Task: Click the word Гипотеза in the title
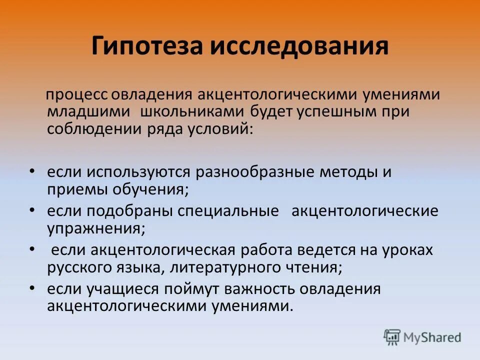click(145, 46)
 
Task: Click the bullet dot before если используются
click(32, 171)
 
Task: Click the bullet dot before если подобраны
click(32, 210)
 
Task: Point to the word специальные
click(228, 211)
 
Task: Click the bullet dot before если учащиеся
click(32, 288)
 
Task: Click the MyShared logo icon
click(392, 336)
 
